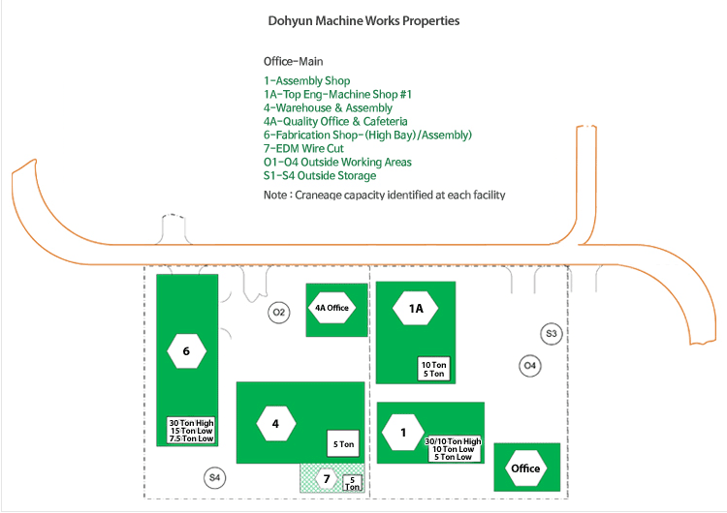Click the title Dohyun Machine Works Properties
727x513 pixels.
point(363,20)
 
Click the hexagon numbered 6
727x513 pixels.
point(186,351)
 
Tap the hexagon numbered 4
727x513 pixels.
point(275,423)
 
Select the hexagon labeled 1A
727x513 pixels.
point(416,309)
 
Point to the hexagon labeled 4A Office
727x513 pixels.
point(332,308)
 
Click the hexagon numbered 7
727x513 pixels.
point(327,479)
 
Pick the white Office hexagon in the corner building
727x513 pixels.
point(525,468)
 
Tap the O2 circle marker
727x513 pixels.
point(278,312)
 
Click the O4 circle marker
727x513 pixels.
point(529,366)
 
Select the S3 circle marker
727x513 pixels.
point(552,334)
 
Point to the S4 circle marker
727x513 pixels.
point(215,477)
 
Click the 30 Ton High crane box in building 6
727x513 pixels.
point(191,431)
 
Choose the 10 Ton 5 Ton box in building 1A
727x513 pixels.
point(432,369)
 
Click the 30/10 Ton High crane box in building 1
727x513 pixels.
point(453,449)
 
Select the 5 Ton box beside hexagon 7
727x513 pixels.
point(354,482)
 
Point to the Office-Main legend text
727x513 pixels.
point(293,61)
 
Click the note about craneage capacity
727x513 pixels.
point(384,195)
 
